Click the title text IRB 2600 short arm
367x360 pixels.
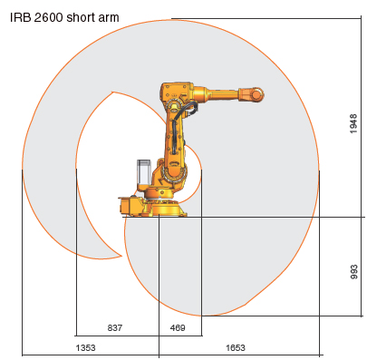point(65,15)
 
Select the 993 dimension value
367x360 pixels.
point(353,271)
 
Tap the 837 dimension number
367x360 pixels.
point(115,326)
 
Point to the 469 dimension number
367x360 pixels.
point(179,326)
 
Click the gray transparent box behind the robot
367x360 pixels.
point(143,174)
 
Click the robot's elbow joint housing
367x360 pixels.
point(176,95)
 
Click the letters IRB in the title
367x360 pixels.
point(19,15)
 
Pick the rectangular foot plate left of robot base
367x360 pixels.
point(131,208)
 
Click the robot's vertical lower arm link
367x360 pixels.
point(174,136)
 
